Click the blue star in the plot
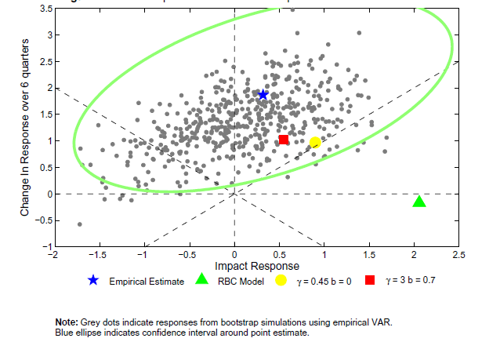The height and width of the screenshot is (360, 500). pyautogui.click(x=263, y=94)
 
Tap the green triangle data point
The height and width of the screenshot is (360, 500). pyautogui.click(x=419, y=202)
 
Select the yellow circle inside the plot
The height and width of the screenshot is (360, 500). pyautogui.click(x=315, y=143)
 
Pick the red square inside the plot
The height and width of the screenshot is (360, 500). pyautogui.click(x=284, y=140)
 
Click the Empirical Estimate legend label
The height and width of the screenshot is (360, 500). pyautogui.click(x=146, y=281)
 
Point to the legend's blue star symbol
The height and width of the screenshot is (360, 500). pyautogui.click(x=93, y=280)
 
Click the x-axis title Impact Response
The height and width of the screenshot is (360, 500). pyautogui.click(x=234, y=267)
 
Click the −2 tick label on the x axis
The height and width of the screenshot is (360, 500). pyautogui.click(x=53, y=255)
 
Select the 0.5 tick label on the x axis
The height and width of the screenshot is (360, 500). pyautogui.click(x=279, y=255)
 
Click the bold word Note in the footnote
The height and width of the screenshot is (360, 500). pyautogui.click(x=65, y=322)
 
